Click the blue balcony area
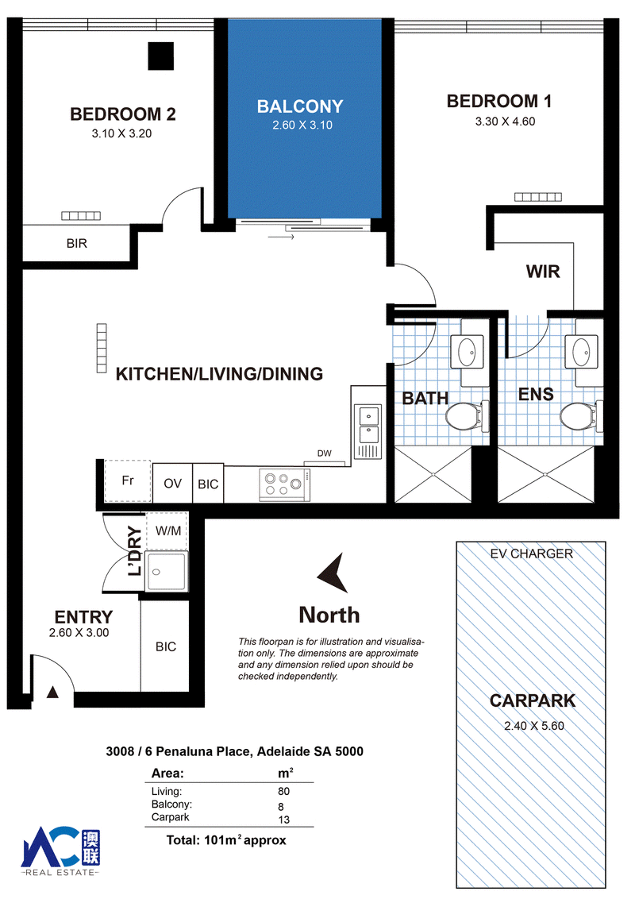305,118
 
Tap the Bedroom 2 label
123,114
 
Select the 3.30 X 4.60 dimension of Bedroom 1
505,122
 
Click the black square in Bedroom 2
160,56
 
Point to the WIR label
543,271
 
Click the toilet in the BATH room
465,416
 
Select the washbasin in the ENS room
581,351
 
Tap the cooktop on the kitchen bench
285,484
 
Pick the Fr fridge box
128,481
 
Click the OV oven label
172,484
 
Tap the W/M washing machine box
167,531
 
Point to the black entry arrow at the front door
52,692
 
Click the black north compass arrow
334,573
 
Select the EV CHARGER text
531,554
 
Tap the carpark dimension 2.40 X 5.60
534,726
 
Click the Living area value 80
283,791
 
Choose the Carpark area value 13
283,820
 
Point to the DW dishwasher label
325,453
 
